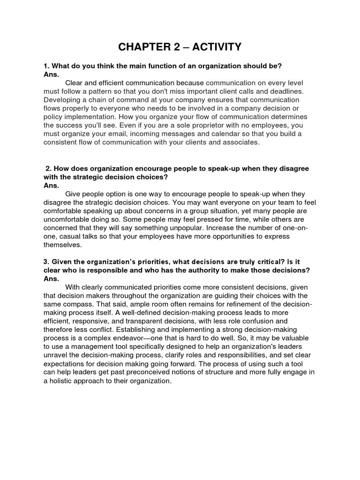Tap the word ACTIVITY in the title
pyautogui.click(x=219, y=47)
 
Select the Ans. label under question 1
pyautogui.click(x=51, y=75)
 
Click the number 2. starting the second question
pyautogui.click(x=49, y=169)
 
